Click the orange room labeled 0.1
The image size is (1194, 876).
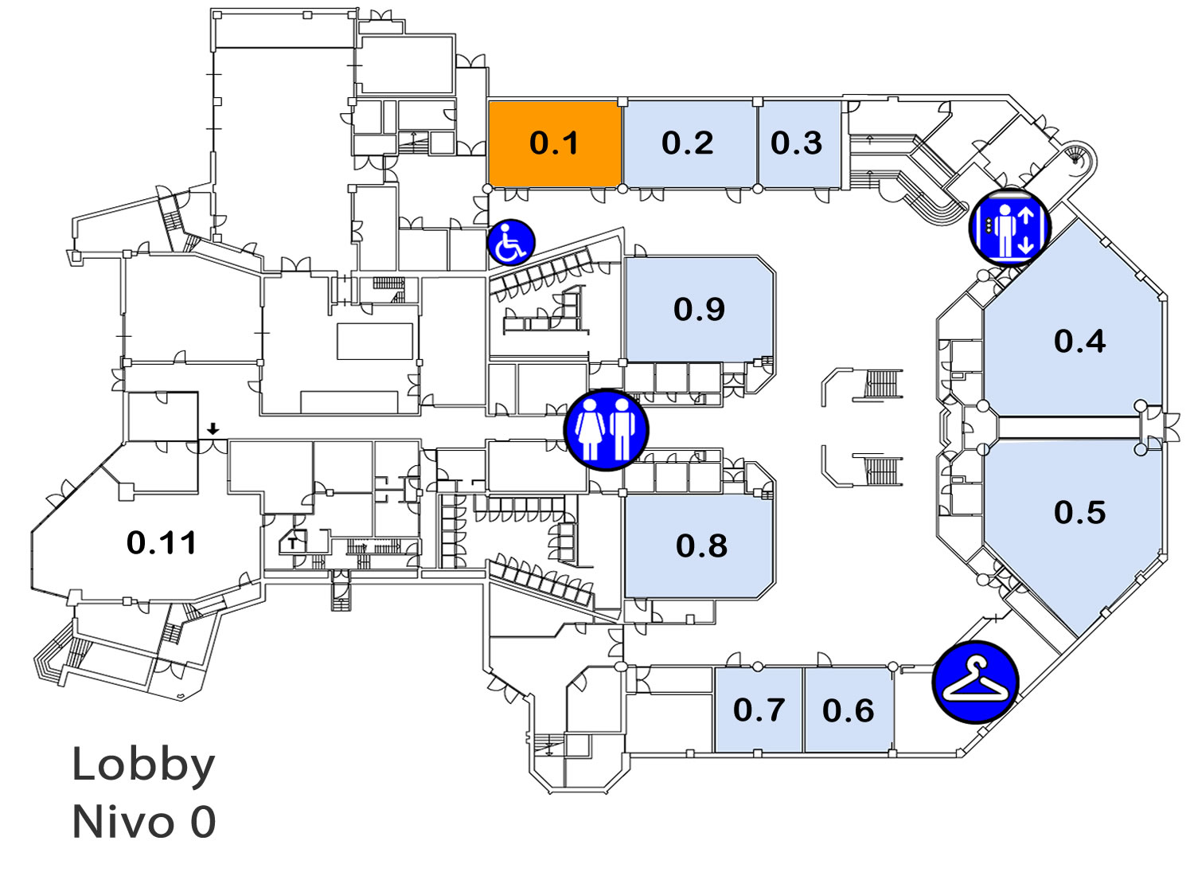[555, 144]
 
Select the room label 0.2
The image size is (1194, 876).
[688, 143]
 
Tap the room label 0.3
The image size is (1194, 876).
[796, 143]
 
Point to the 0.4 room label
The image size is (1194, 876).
[1080, 341]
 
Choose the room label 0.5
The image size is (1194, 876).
[1080, 512]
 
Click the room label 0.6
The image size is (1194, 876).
[848, 710]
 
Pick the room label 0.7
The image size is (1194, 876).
[759, 710]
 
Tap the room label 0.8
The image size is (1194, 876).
[701, 546]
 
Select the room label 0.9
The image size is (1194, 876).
[700, 309]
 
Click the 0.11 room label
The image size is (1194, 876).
[162, 543]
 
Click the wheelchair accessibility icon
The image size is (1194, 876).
[511, 242]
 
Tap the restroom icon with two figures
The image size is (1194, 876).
[606, 430]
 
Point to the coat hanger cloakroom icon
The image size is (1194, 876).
[975, 682]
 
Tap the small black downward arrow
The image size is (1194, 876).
[213, 428]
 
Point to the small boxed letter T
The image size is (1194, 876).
[292, 545]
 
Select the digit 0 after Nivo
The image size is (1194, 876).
[202, 822]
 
